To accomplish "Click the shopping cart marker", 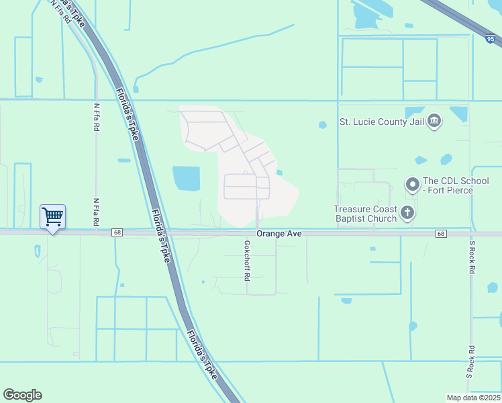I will pos(52,217).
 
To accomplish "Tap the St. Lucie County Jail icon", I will pos(434,121).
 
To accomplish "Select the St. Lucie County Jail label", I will pos(383,122).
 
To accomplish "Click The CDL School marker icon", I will pos(412,183).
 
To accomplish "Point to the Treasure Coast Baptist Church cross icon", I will pos(407,214).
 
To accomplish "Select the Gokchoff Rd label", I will pos(247,261).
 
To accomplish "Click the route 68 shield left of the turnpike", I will pos(117,232).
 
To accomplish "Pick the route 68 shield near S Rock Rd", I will pos(440,233).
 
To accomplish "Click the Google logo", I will pos(22,395).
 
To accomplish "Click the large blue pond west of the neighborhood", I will pos(187,179).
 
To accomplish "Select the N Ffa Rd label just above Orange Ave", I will pos(97,212).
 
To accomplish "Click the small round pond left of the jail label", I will pos(323,124).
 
